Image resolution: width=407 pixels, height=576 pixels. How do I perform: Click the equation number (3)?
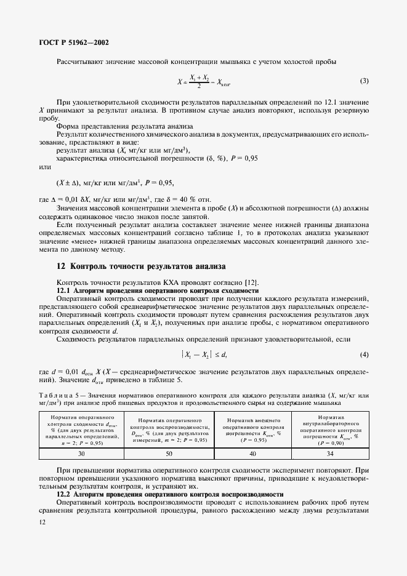point(364,81)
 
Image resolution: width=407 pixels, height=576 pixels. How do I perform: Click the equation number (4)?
point(364,354)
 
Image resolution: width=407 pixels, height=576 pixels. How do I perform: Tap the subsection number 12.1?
point(63,289)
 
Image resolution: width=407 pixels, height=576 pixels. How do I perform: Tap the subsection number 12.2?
point(63,494)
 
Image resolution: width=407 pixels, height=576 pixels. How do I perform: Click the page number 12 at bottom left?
point(41,522)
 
